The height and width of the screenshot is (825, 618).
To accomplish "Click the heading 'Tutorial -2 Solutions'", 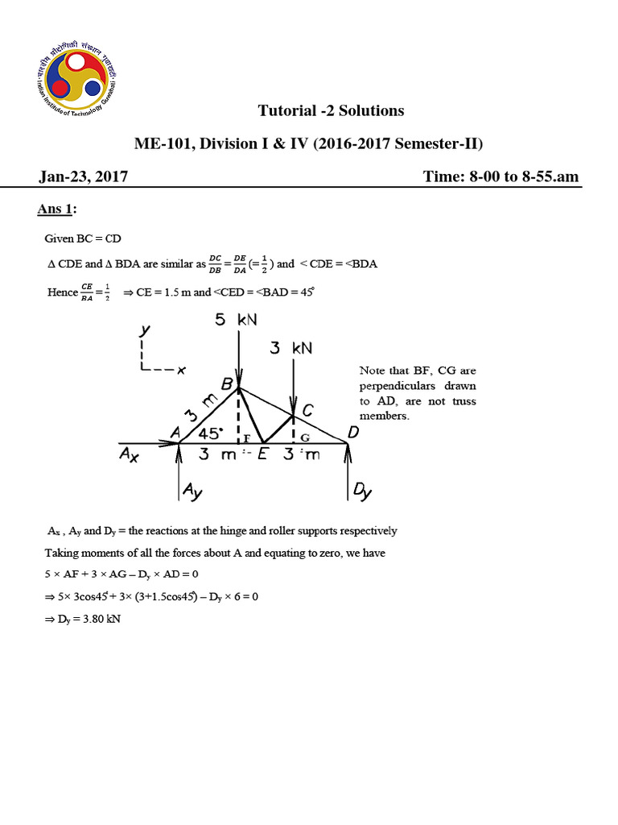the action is coord(331,110).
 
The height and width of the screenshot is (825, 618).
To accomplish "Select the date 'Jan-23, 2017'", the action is coord(82,176).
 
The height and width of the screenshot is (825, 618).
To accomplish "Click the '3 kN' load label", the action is coord(290,348).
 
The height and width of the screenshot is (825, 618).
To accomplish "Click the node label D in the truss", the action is coord(352,433).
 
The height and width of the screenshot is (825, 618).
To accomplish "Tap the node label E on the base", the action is coord(262,455).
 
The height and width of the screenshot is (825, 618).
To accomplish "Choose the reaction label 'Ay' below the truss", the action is coord(192,489).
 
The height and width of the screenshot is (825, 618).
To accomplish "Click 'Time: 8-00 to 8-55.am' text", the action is coord(501,176).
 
